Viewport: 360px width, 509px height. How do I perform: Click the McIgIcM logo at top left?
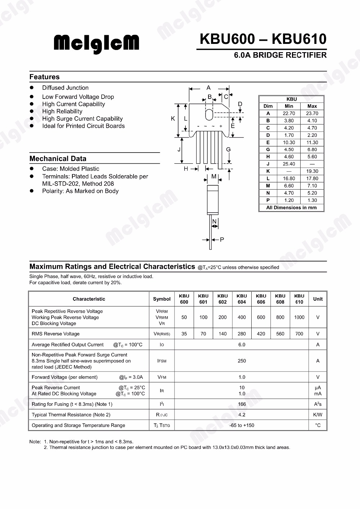coord(96,43)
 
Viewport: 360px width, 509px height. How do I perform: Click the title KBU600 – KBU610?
coord(263,39)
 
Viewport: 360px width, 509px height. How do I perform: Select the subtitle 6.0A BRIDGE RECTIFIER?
coord(280,55)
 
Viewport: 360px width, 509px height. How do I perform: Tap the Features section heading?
coord(44,77)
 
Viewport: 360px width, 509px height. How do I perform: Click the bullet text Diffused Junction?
coord(65,88)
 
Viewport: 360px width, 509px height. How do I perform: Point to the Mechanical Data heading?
coord(58,159)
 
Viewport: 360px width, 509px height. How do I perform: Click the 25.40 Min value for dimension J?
coord(289,164)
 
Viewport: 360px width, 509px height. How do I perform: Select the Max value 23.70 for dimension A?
coord(312,113)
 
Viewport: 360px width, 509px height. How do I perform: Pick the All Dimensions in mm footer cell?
coord(291,208)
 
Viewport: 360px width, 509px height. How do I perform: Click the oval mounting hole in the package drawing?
coord(209,114)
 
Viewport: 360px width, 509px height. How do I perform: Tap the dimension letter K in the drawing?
coord(173,119)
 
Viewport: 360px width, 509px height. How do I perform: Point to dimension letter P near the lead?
coord(222,240)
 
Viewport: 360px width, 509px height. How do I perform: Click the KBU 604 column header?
coord(242,299)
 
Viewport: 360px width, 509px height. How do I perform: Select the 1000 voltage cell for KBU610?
coord(299,317)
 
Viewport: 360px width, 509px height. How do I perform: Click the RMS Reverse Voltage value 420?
coord(261,334)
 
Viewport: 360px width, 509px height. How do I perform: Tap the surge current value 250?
coord(242,361)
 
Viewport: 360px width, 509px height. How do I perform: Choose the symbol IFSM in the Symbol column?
coord(162,361)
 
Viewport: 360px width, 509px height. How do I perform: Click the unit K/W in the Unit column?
coord(318,415)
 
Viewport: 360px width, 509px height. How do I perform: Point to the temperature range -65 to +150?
coord(242,425)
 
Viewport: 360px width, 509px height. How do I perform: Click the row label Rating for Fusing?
coord(72,404)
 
